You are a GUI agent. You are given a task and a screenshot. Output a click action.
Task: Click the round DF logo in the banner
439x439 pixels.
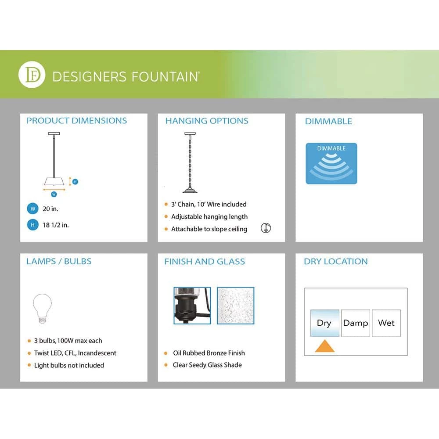32,76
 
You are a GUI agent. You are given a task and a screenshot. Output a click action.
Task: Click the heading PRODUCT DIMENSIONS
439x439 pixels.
77,121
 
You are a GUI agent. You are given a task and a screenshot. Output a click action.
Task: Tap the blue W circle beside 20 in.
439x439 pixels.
32,209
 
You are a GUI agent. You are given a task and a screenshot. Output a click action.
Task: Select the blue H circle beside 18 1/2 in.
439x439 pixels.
32,225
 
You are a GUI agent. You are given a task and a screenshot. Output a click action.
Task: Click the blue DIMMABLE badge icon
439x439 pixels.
331,163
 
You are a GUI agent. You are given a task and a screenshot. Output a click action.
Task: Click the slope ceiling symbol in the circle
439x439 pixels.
266,228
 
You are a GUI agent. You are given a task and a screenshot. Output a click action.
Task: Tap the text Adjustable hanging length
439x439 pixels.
209,216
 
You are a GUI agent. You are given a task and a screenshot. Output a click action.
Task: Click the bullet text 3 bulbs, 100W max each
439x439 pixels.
68,341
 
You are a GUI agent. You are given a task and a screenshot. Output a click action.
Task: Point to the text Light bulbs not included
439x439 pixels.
69,365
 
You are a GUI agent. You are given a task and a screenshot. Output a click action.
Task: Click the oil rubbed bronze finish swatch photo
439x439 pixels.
192,306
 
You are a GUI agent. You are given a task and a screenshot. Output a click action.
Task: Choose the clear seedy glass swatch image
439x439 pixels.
236,306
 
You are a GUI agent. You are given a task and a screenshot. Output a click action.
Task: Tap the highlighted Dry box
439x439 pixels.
324,323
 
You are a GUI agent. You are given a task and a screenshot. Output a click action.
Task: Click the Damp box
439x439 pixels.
356,323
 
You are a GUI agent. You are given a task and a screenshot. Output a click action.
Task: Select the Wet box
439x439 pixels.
386,323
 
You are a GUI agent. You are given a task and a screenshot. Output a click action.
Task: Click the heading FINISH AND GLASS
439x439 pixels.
205,262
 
